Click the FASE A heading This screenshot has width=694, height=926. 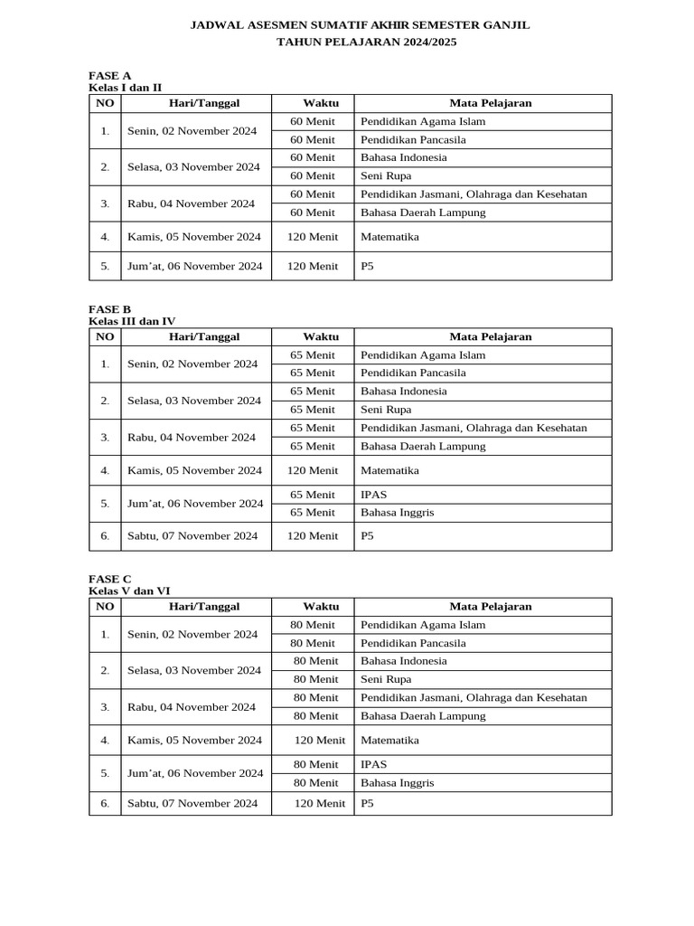(109, 75)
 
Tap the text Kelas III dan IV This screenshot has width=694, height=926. (131, 321)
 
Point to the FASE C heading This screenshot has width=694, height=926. (109, 578)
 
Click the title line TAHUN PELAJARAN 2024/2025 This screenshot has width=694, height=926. (360, 42)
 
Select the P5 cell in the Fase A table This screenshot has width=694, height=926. (367, 266)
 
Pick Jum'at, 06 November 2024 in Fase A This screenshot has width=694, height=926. (195, 266)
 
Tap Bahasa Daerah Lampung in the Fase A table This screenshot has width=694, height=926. (423, 213)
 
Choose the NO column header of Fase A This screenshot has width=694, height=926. (105, 103)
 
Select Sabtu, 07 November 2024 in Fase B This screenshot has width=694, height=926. (192, 535)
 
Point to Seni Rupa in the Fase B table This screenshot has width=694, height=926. (386, 410)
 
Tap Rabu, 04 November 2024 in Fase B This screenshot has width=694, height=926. (192, 437)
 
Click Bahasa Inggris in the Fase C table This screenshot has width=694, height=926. (397, 782)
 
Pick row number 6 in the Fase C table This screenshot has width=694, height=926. (105, 803)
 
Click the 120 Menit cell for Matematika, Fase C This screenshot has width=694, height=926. (320, 740)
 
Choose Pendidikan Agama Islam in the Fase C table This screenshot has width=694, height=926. (423, 625)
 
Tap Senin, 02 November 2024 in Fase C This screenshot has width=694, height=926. (192, 634)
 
